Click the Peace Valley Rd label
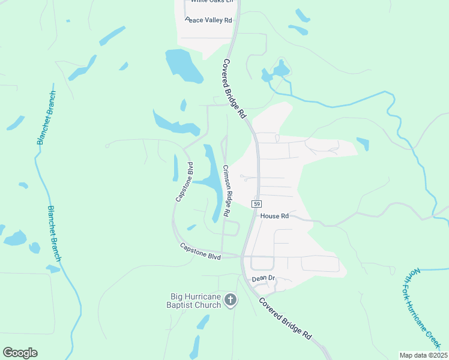(x=208, y=20)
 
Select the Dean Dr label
(x=263, y=278)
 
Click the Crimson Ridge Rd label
(x=227, y=191)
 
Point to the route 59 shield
(x=256, y=204)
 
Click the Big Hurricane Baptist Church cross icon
(x=231, y=300)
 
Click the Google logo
(x=20, y=353)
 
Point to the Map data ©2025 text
(x=423, y=355)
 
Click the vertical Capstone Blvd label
(x=184, y=181)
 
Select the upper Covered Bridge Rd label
(x=235, y=88)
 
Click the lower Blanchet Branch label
(x=55, y=233)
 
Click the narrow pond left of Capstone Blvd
(x=175, y=168)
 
